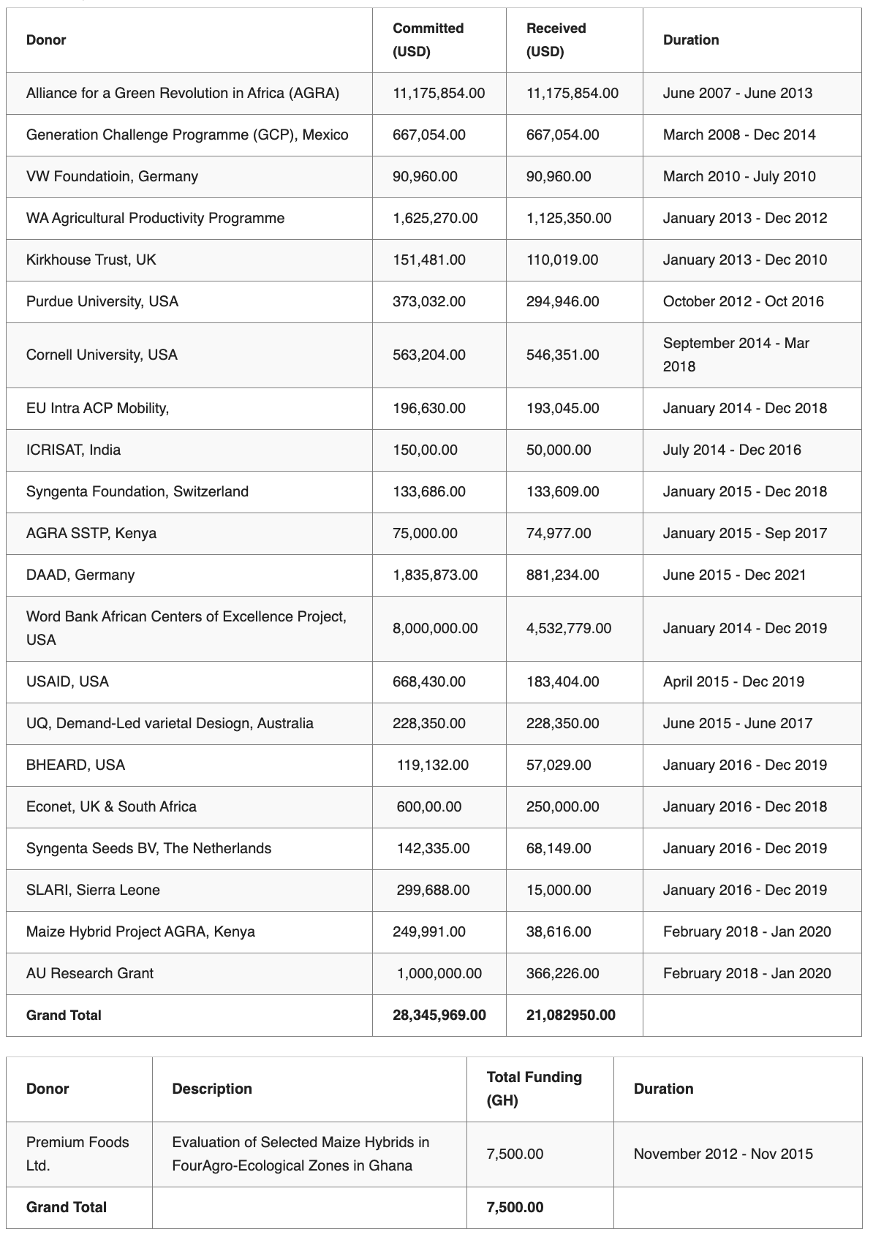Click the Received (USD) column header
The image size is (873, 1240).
[556, 39]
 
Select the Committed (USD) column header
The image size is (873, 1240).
[428, 39]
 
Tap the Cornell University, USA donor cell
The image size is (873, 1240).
[102, 355]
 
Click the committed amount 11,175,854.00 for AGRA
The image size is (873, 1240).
[439, 93]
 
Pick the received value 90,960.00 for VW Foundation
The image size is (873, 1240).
[559, 176]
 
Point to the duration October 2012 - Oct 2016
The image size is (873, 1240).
[743, 301]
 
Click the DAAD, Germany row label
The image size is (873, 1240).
[80, 575]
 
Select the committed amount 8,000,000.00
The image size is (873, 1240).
[435, 628]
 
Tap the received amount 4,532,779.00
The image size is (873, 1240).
[569, 628]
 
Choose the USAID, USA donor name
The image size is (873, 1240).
[67, 681]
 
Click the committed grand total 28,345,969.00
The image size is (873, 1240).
[439, 1015]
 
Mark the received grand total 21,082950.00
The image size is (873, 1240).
[570, 1015]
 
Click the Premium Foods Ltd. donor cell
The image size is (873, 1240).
[78, 1154]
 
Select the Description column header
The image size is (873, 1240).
[212, 1089]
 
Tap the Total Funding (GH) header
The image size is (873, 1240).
[534, 1089]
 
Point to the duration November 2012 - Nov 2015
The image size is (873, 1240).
[723, 1154]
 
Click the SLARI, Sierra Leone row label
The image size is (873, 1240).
[93, 890]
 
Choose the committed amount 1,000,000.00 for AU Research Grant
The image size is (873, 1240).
[439, 973]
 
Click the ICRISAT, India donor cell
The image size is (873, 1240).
[73, 450]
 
